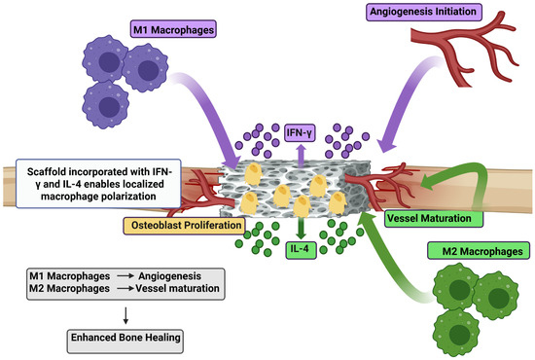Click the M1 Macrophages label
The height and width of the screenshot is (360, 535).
coord(173,29)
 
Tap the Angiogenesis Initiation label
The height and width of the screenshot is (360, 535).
coord(424,12)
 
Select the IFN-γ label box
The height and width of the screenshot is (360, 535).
coord(300,132)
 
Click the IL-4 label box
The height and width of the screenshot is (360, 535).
coord(301,249)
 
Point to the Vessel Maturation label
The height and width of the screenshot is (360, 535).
coord(434,218)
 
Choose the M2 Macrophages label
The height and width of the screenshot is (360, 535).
coord(479,251)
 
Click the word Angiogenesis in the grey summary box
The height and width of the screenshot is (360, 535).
coord(169,276)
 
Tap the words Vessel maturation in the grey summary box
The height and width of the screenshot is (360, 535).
coord(177,288)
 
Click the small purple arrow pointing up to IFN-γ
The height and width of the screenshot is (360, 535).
coord(301,156)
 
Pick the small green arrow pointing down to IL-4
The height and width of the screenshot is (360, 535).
coord(301,228)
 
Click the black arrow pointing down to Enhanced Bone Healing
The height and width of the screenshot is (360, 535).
coord(125,315)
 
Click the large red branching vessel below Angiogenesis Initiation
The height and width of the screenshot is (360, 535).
coord(465,48)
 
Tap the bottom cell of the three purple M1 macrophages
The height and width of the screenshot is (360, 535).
coord(106,105)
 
